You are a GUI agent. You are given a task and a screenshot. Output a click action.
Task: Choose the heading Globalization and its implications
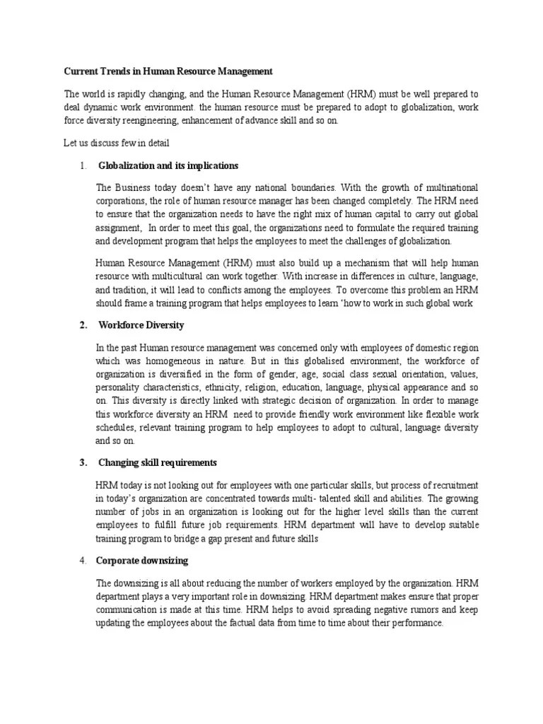click(168, 165)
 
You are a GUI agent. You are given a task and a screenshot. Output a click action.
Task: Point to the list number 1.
click(83, 165)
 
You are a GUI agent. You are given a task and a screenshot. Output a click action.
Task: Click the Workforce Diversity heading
click(141, 325)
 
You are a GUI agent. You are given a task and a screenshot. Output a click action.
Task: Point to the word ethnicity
click(236, 387)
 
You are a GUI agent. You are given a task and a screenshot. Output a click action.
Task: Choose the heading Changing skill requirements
click(157, 463)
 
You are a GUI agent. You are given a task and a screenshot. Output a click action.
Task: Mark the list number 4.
click(83, 561)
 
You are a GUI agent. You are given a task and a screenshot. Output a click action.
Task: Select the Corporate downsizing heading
click(143, 561)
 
